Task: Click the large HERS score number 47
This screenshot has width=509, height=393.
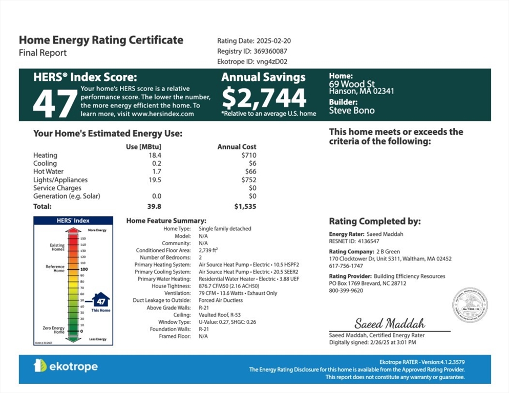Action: (x=55, y=103)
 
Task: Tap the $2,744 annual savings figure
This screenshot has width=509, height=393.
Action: (x=264, y=98)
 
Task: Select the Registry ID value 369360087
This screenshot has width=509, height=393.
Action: (x=270, y=51)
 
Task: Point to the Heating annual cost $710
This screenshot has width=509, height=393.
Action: (x=249, y=155)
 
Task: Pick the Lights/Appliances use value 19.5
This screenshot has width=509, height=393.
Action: (x=155, y=180)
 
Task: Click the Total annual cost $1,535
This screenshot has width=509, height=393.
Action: (x=245, y=207)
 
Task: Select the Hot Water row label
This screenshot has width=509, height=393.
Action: (x=48, y=171)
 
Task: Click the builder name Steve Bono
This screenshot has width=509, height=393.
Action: (x=352, y=110)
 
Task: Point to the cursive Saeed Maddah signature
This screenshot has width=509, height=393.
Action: (x=390, y=323)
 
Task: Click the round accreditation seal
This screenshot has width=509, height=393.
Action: (x=469, y=305)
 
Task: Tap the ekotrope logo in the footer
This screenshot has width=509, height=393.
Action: (x=66, y=366)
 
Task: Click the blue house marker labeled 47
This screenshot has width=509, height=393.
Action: (x=101, y=301)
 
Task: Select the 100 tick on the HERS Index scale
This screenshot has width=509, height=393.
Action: (x=84, y=269)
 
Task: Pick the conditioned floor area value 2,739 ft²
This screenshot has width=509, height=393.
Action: (x=208, y=250)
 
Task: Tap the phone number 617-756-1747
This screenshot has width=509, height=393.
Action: (x=346, y=266)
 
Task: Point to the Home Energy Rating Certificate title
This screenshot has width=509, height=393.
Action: (x=101, y=40)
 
